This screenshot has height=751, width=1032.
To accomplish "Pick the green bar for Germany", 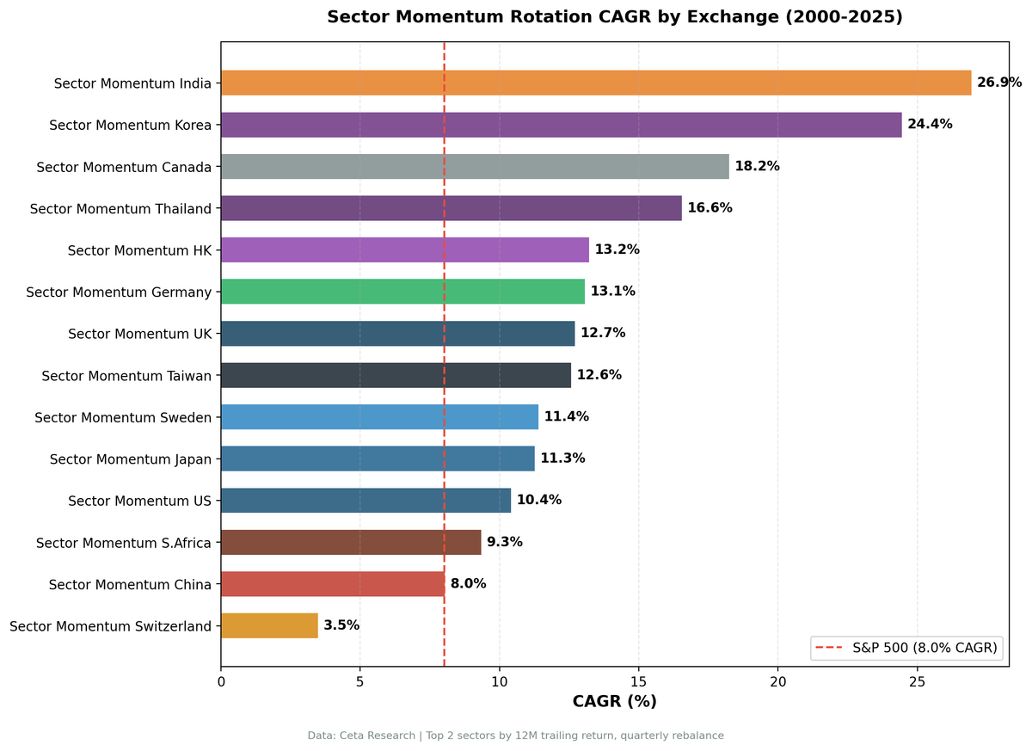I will point(402,292).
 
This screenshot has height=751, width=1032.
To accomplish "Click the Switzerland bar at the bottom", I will point(269,625).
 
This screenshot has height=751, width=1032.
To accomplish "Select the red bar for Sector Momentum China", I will point(333,584).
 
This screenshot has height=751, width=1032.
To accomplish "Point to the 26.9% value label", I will point(999,83).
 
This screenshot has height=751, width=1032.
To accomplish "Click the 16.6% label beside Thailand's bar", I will point(709,208).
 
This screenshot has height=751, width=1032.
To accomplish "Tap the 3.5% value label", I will point(341,625).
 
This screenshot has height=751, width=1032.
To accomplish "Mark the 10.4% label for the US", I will point(538,500).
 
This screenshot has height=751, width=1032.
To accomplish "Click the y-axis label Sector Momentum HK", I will point(139,250).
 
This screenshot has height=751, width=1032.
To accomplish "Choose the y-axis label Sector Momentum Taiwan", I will point(126,375).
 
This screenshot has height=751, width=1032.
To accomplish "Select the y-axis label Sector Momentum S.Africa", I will point(124,543).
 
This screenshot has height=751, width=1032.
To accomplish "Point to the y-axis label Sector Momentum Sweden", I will point(123,417).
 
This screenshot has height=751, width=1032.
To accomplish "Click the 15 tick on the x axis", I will point(638,682).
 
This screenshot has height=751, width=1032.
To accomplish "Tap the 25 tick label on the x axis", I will point(917,682).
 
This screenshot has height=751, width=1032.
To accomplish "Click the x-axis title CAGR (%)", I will point(614,702).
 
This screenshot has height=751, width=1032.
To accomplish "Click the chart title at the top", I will point(614,17).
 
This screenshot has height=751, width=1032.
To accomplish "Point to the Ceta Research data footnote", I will point(516,736).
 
